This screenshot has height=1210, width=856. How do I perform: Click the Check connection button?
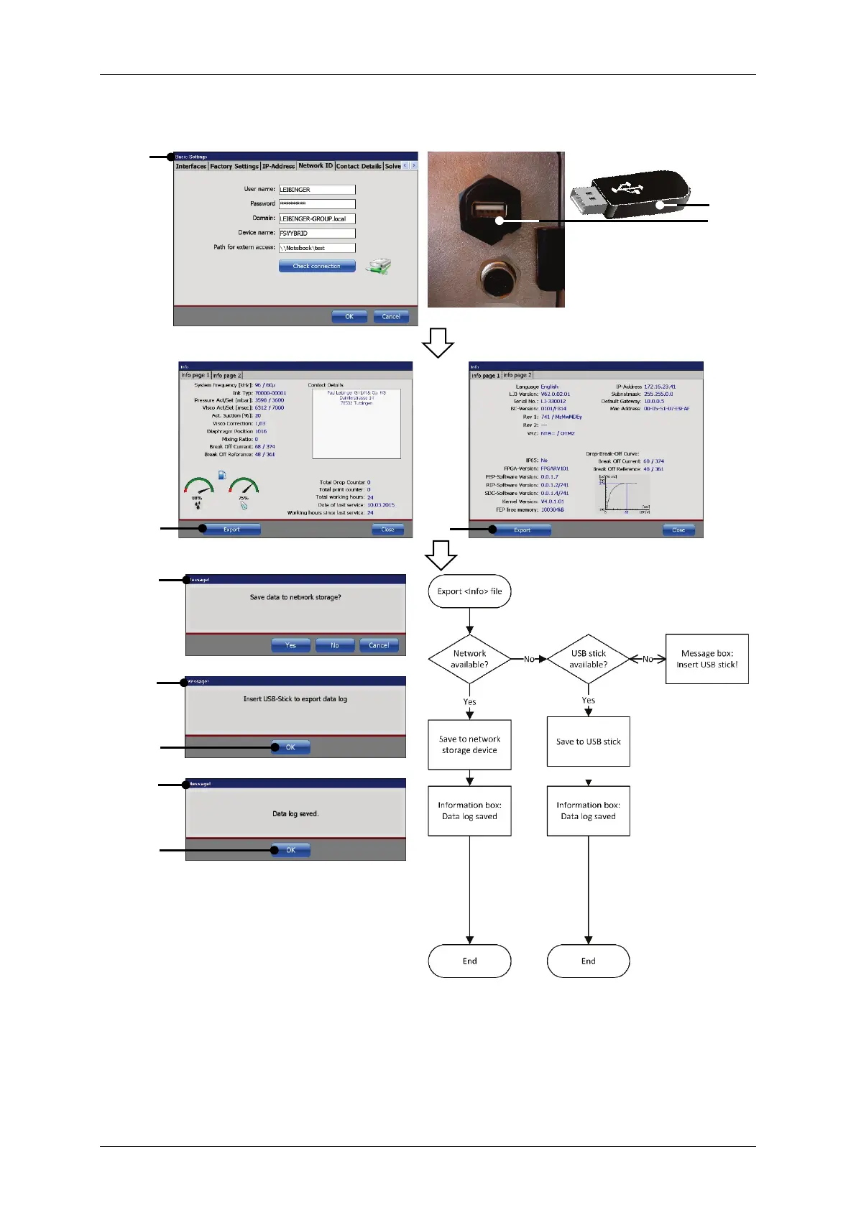tap(317, 266)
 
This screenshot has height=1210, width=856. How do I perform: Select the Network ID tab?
tap(316, 166)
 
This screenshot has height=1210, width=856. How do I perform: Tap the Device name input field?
tap(317, 234)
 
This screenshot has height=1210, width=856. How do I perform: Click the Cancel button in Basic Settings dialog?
tap(391, 317)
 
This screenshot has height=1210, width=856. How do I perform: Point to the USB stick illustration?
tap(630, 193)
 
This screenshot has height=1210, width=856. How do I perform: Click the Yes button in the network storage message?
tap(290, 645)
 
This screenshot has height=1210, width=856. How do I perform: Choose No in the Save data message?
tap(335, 645)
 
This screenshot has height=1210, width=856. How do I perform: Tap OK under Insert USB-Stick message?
tap(291, 747)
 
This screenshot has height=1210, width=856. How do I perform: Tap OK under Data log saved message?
tap(291, 850)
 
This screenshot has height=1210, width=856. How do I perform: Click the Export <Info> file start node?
tap(469, 591)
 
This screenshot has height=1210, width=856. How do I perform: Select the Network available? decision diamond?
tap(469, 659)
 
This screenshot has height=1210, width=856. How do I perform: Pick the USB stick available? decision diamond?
tap(588, 659)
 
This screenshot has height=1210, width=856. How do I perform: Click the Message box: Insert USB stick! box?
tap(707, 659)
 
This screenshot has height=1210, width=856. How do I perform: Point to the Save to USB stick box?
tap(588, 742)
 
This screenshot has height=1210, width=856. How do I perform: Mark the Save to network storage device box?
tap(469, 744)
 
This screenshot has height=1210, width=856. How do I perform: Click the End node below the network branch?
tap(469, 961)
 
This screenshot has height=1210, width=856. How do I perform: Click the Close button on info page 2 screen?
tap(678, 530)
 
